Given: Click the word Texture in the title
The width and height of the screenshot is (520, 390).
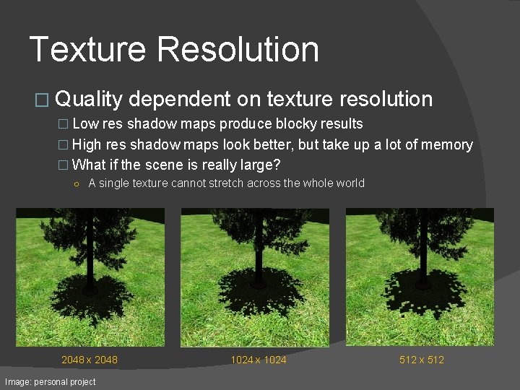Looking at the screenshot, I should [87, 49].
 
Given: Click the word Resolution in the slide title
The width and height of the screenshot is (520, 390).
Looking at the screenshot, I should [238, 49].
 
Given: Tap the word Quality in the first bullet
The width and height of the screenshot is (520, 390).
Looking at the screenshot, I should [88, 100].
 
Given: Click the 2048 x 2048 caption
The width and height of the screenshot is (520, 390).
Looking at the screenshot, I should [90, 360].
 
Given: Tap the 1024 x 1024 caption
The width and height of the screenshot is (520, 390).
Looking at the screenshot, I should [259, 360].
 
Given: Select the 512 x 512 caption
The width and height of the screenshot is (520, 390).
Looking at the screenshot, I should [422, 360].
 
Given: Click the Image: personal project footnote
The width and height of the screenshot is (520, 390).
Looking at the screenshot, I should [50, 381].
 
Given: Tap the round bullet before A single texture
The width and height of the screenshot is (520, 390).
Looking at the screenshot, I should [77, 183].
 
